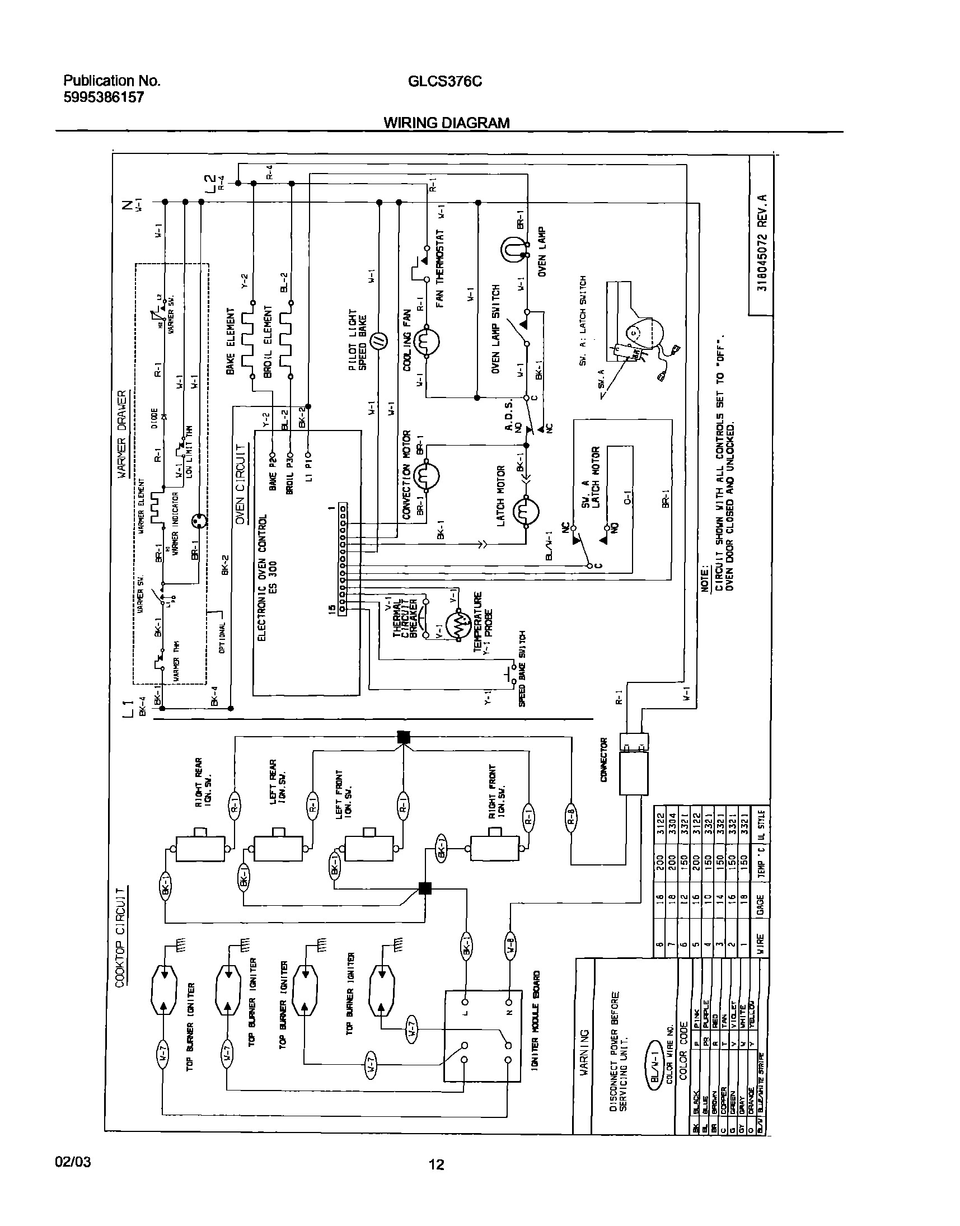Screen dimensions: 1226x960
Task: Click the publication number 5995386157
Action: pyautogui.click(x=104, y=97)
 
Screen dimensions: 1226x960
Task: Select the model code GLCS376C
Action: pyautogui.click(x=444, y=82)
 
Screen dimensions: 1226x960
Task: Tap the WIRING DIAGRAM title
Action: pyautogui.click(x=446, y=123)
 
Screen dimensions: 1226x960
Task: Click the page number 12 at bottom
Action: pyautogui.click(x=436, y=1164)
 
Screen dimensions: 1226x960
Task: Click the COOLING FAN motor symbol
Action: pyautogui.click(x=426, y=341)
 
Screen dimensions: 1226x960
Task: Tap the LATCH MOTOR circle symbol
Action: pyautogui.click(x=526, y=511)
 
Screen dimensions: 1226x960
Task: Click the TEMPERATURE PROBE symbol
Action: pyautogui.click(x=459, y=624)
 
